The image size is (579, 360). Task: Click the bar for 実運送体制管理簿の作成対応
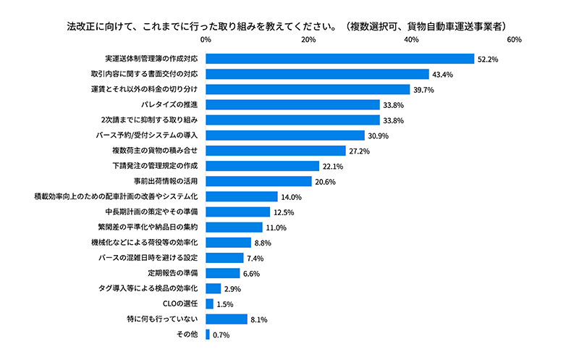[339, 59]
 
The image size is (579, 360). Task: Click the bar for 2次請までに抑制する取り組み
[292, 120]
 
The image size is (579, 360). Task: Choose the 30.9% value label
[378, 135]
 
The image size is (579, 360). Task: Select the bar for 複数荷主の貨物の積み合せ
[276, 151]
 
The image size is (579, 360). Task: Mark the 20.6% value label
[325, 181]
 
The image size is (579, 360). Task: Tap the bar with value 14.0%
[242, 196]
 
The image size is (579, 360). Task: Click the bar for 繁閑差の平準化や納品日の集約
[234, 227]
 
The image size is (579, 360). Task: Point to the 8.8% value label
[264, 243]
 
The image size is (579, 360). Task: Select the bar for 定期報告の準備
[223, 273]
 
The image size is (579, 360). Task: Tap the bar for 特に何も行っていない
[227, 319]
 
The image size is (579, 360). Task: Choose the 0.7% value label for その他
[221, 335]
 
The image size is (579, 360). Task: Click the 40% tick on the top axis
[411, 39]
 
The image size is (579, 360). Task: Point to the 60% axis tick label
[514, 39]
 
